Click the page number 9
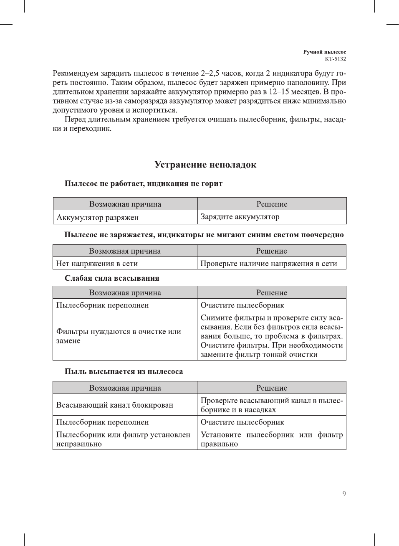(344, 494)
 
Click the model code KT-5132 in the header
(335, 59)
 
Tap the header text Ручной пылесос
(324, 52)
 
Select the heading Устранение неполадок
(205, 165)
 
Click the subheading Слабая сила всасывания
(112, 278)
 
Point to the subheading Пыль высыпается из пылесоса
(124, 371)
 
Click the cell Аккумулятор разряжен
(98, 217)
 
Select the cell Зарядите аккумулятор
(240, 217)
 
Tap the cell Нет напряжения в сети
(97, 264)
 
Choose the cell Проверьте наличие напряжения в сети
(268, 264)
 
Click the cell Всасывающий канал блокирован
(115, 405)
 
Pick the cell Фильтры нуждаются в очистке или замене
(119, 336)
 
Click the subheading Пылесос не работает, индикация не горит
(144, 183)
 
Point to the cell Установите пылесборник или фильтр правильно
(271, 439)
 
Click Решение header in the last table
(272, 388)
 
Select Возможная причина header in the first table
(125, 204)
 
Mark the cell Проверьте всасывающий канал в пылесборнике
(271, 405)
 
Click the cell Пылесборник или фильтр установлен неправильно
(123, 439)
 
